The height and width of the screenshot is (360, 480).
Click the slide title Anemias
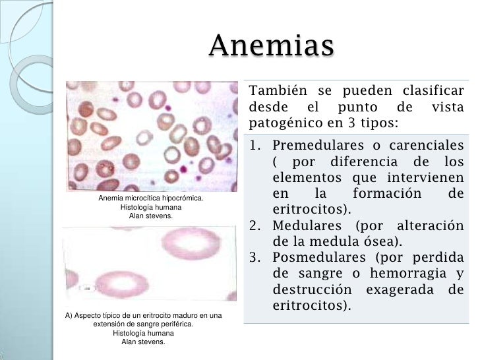[272, 46]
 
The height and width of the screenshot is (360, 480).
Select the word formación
[388, 195]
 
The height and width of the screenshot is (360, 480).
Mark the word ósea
[378, 242]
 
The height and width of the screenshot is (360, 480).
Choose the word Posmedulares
[319, 258]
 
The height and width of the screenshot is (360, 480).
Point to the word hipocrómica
[183, 198]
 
